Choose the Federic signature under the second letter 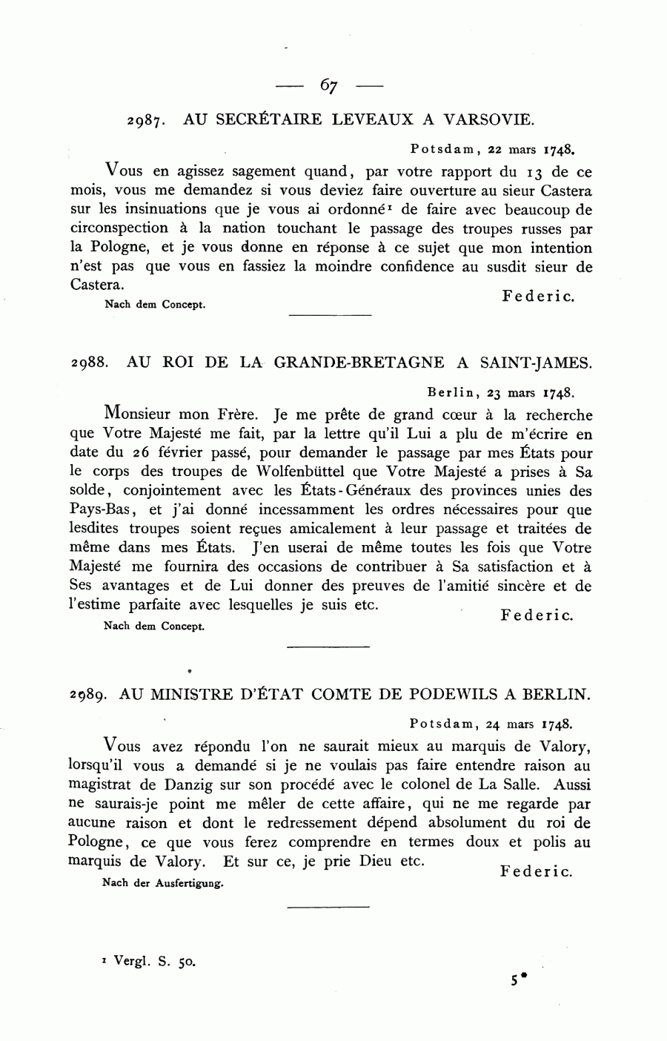tap(537, 616)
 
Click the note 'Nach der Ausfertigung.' tap(163, 883)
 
